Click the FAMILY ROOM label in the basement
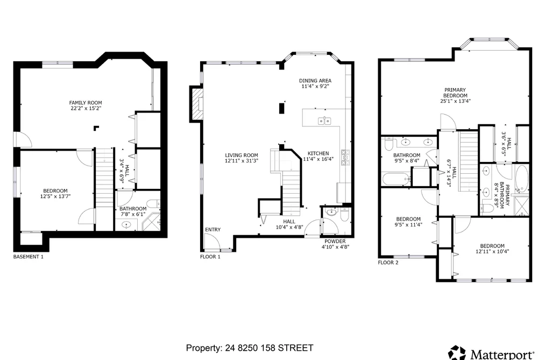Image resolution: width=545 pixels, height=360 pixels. point(86,103)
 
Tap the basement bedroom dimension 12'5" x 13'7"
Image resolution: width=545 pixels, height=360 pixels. point(55,196)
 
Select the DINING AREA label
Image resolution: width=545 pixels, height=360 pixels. point(315,81)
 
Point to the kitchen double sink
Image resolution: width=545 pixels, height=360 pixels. point(324,121)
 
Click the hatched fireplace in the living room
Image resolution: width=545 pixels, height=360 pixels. point(197,104)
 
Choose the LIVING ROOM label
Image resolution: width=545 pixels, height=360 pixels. point(241,156)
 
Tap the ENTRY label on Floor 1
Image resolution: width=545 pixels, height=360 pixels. point(213,229)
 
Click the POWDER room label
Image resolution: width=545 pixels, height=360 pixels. point(335,241)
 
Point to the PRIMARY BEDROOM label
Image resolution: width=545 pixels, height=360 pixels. point(455,93)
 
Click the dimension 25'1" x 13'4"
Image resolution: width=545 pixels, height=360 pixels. point(455,101)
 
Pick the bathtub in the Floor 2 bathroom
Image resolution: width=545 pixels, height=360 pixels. point(397,179)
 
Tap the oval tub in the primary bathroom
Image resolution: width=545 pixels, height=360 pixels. point(521,179)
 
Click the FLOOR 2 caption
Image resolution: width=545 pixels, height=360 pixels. point(388,263)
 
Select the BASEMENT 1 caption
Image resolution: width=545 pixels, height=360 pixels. point(29,257)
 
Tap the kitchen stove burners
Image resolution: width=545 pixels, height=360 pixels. point(345,158)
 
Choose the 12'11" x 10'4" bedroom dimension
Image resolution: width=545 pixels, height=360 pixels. point(492,251)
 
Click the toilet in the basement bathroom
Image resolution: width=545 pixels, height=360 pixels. point(153,203)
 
